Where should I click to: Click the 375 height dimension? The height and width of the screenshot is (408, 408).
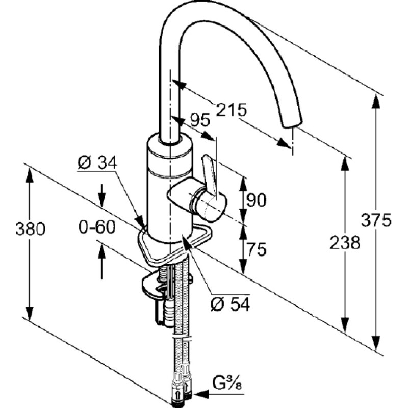pyautogui.click(x=376, y=220)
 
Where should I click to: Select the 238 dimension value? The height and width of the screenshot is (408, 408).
pyautogui.click(x=345, y=243)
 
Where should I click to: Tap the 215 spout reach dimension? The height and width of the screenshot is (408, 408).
pyautogui.click(x=232, y=110)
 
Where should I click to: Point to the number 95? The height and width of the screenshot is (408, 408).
pyautogui.click(x=200, y=120)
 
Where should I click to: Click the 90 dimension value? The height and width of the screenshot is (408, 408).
pyautogui.click(x=257, y=200)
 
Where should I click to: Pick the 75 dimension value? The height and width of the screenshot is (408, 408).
pyautogui.click(x=257, y=249)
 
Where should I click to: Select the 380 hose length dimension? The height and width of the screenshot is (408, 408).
pyautogui.click(x=31, y=229)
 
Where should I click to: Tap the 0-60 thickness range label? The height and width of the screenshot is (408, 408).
pyautogui.click(x=97, y=226)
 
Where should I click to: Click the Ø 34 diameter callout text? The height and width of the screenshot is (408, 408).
pyautogui.click(x=97, y=163)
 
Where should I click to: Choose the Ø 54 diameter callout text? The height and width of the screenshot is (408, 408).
pyautogui.click(x=231, y=303)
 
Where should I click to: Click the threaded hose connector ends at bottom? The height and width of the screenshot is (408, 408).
pyautogui.click(x=182, y=392)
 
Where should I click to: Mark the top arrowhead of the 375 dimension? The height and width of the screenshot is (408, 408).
pyautogui.click(x=376, y=101)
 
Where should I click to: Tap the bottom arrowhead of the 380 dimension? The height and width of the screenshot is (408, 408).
pyautogui.click(x=30, y=314)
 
